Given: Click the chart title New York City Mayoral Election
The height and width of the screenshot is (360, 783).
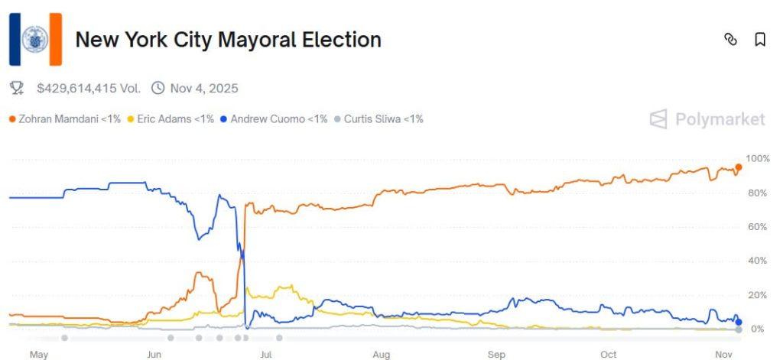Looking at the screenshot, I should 228,40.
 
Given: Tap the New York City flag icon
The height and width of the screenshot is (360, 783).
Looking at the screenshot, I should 35,39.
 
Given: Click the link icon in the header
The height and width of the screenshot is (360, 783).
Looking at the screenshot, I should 730,40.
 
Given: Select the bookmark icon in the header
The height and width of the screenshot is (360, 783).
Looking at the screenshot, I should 759,40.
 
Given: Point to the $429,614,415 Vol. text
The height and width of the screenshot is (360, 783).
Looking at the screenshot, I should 88,88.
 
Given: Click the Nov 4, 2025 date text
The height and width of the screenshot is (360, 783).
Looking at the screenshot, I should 204,88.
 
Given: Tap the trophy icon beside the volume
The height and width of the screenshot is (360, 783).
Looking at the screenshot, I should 17,88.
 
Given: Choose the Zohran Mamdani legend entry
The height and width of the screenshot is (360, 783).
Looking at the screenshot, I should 64,119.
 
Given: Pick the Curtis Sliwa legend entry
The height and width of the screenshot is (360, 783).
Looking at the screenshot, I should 383,119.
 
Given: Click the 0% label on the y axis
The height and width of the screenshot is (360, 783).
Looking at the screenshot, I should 757,329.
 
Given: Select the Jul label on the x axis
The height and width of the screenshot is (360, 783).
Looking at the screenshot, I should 266,355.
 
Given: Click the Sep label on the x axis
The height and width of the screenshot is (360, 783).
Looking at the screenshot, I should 497,355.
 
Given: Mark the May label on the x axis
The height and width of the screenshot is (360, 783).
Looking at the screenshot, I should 39,355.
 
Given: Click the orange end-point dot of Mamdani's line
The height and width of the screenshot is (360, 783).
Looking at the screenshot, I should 738,167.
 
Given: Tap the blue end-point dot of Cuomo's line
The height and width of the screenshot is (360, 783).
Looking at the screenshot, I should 738,322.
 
